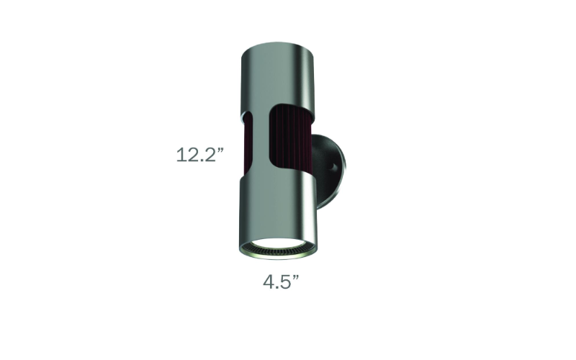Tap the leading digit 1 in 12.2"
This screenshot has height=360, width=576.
(x=181, y=155)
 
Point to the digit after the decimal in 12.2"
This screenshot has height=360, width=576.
(x=211, y=155)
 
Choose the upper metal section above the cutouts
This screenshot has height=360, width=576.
(x=277, y=79)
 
